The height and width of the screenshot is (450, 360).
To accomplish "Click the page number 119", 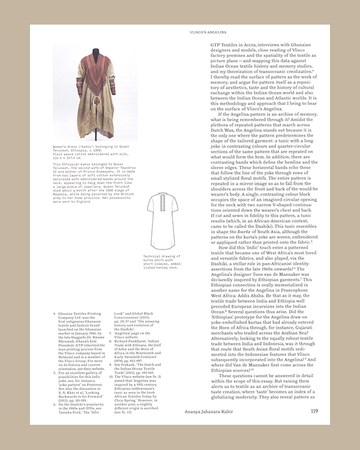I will (314, 411).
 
